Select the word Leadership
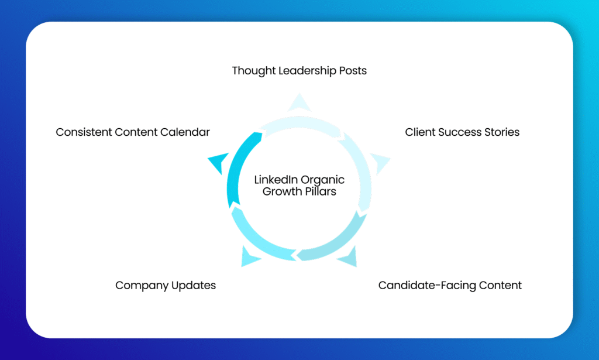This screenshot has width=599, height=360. click(307, 71)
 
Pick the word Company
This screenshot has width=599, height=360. click(140, 286)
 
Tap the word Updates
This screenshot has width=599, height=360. click(193, 286)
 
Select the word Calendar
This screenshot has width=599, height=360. click(186, 132)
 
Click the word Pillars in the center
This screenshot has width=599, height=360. click(319, 191)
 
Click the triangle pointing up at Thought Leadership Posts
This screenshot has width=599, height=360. click(299, 102)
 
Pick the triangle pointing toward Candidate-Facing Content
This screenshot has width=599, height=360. click(349, 257)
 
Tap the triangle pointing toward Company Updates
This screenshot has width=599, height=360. click(250, 257)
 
